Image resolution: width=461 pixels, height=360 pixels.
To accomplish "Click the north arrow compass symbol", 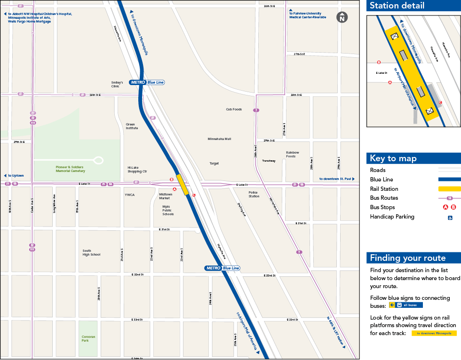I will click(342, 17).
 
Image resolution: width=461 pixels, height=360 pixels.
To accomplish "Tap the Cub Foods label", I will click(234, 110).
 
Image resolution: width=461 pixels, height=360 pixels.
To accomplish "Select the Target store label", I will click(214, 164).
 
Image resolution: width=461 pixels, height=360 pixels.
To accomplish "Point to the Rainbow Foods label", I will click(292, 154).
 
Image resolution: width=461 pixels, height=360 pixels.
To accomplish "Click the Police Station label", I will click(254, 194).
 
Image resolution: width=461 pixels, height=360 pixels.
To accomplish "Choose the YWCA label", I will click(130, 194).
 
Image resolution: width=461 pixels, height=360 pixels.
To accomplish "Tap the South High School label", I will click(91, 253).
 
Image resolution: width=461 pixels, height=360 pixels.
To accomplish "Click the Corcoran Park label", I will click(88, 338).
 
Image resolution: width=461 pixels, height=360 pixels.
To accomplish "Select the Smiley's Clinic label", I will click(117, 85).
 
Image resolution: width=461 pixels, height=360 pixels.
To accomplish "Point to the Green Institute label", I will click(132, 126).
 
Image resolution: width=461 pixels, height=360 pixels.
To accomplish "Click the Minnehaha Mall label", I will click(219, 139).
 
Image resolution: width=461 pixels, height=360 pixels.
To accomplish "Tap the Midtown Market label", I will click(166, 196).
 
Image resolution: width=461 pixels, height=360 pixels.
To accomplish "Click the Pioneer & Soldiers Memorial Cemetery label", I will click(71, 169).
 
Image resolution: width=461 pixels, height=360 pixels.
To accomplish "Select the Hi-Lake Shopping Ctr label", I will click(137, 169).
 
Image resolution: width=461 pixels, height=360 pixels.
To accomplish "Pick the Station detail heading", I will click(397, 6).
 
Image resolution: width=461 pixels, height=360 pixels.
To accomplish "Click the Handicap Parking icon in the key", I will click(450, 217).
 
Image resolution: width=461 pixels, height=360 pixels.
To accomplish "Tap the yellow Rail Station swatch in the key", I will click(449, 189).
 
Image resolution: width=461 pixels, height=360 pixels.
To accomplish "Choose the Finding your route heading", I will click(407, 258).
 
